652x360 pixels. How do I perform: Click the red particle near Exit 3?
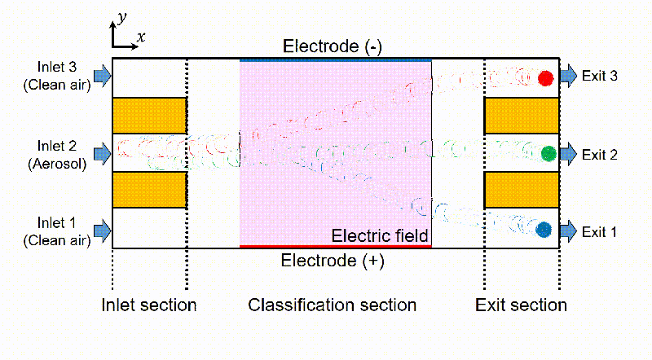[546, 78]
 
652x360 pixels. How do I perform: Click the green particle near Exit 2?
[548, 153]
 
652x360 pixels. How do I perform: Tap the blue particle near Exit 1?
[544, 230]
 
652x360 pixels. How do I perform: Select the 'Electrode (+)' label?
[332, 261]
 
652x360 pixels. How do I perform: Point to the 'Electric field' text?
[380, 236]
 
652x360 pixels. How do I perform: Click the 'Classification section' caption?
[333, 305]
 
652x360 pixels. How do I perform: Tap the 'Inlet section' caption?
[149, 305]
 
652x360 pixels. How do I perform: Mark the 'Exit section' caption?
[522, 305]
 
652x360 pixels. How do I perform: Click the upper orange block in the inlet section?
[149, 116]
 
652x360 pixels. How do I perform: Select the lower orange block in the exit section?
[522, 190]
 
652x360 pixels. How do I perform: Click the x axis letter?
[141, 37]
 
